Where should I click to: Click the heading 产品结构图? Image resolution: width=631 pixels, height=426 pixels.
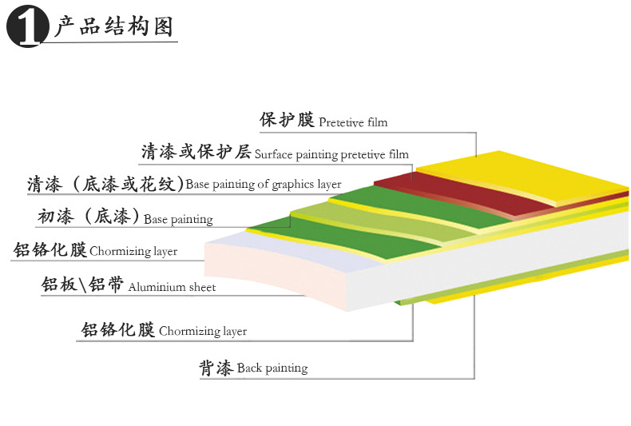click(x=113, y=27)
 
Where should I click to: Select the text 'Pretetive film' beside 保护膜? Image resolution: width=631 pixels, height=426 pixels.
click(x=353, y=122)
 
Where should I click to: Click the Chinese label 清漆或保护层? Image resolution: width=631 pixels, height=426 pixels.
click(x=196, y=151)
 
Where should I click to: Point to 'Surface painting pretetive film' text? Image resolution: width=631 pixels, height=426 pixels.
click(x=331, y=154)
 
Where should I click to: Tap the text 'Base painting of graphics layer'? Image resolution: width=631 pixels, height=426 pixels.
click(x=264, y=185)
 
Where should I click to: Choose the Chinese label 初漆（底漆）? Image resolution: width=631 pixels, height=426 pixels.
click(x=89, y=216)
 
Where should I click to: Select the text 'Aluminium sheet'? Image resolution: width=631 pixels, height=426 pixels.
click(x=172, y=287)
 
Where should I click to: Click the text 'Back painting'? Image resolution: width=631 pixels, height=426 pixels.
click(x=272, y=368)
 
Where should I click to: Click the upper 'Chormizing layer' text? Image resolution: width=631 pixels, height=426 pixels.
click(x=133, y=252)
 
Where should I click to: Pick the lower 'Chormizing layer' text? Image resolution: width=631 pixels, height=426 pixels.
click(x=203, y=331)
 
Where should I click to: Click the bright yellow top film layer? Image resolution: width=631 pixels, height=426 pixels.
click(x=519, y=172)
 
